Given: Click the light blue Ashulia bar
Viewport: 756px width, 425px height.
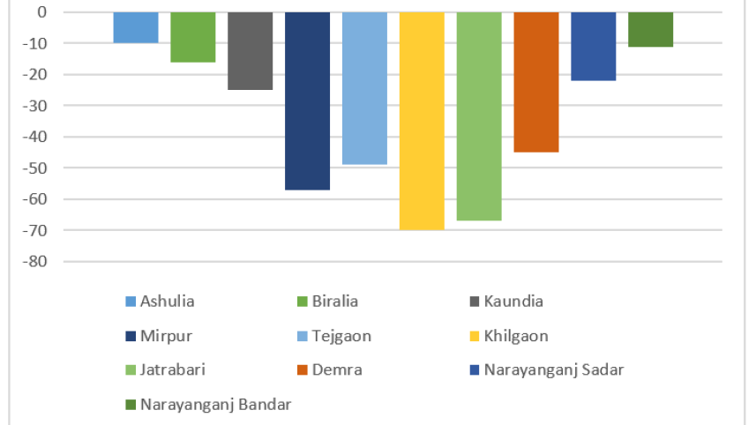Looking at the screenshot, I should (x=136, y=27).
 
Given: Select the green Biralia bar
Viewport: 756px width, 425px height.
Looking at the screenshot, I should (x=193, y=37).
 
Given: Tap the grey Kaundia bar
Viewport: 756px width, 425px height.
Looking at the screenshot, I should (x=250, y=51).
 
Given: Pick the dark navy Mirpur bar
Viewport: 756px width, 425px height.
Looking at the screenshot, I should (x=307, y=101).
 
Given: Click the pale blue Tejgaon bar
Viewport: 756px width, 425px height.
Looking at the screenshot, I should (x=364, y=88).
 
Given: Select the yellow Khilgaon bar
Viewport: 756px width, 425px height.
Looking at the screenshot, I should (x=422, y=121).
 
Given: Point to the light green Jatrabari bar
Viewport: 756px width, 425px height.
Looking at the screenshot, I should (x=479, y=116).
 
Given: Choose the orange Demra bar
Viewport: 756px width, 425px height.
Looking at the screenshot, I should (x=536, y=82).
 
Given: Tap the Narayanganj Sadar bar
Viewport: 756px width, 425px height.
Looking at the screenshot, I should (x=594, y=47).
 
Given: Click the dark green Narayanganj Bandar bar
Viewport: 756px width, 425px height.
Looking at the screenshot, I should (x=651, y=29).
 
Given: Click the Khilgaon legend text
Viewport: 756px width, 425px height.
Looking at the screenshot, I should (x=516, y=336).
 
